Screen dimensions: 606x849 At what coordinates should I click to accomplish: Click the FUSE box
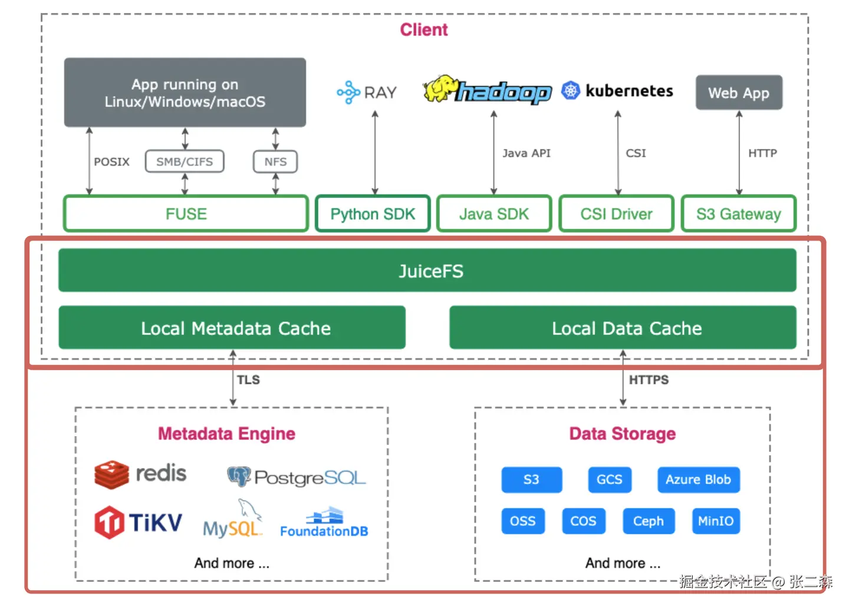(186, 214)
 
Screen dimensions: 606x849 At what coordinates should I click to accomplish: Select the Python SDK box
(373, 214)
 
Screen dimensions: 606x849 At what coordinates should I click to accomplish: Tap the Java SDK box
(494, 214)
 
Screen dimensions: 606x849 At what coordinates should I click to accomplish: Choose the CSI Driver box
(616, 214)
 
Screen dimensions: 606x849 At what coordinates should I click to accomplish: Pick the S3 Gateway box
(738, 214)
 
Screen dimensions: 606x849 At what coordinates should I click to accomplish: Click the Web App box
(739, 93)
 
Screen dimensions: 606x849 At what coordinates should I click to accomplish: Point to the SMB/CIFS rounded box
(185, 162)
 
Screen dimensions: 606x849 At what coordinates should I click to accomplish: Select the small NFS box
(275, 162)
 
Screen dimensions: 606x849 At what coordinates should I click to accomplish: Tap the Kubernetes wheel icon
(570, 91)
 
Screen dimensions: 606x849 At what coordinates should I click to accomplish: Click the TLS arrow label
(248, 380)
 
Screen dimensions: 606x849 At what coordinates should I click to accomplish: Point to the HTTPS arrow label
(649, 380)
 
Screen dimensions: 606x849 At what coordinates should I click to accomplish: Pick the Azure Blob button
(698, 480)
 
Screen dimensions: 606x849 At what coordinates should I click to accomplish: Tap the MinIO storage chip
(716, 521)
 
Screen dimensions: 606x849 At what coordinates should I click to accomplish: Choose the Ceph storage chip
(649, 521)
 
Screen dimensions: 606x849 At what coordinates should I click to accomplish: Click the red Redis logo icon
(111, 475)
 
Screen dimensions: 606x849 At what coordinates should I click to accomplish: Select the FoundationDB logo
(324, 523)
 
